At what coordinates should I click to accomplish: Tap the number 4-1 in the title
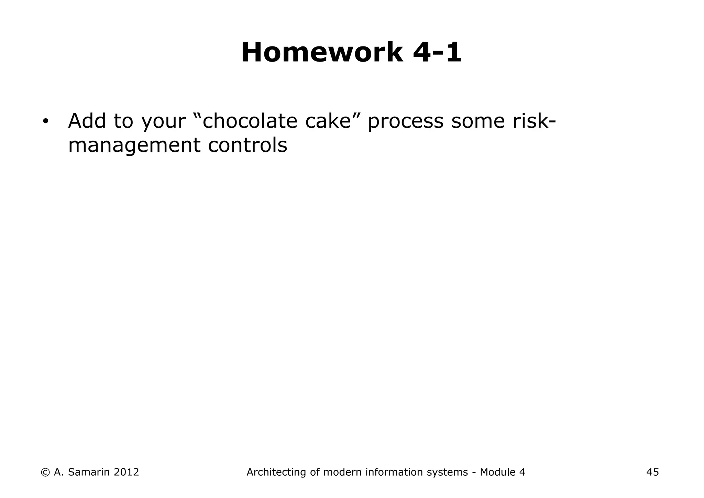click(x=437, y=53)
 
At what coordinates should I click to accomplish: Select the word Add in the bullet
click(x=87, y=121)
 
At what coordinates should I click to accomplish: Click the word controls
click(x=247, y=145)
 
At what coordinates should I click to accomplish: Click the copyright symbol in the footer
click(x=45, y=472)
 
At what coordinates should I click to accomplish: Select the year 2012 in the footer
click(x=126, y=472)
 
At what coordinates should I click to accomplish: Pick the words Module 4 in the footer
click(x=503, y=472)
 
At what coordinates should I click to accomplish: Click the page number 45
click(x=652, y=472)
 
